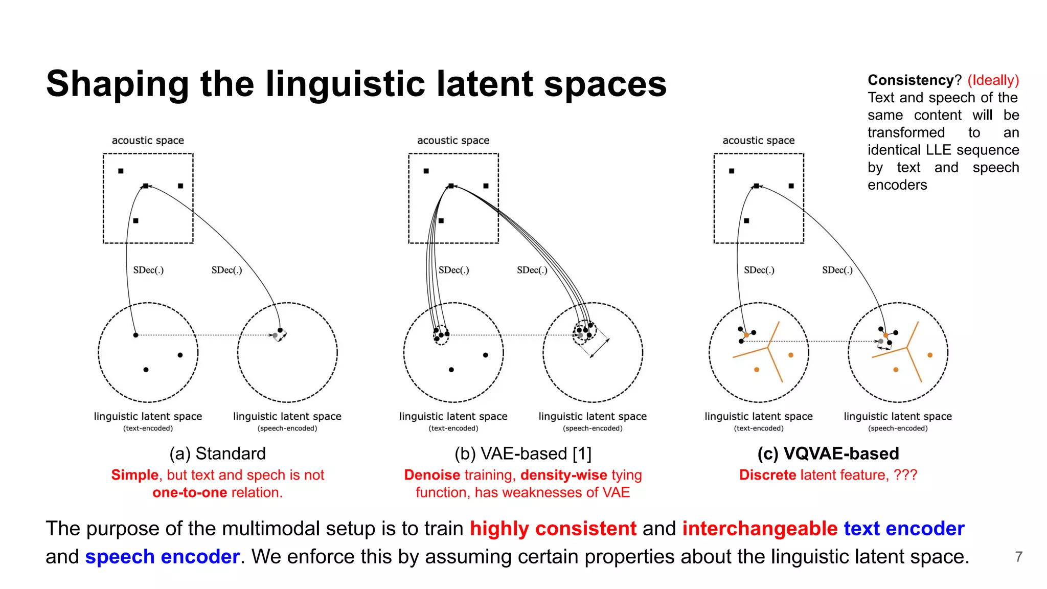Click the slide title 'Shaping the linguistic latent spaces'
[x=356, y=84]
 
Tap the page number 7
[x=1018, y=556]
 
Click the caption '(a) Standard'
[x=218, y=454]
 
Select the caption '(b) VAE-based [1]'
[x=522, y=454]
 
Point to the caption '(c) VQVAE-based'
[x=828, y=454]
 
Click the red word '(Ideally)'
[x=993, y=80]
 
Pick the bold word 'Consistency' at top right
[x=911, y=80]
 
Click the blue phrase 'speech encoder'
[x=162, y=556]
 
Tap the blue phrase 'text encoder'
[x=904, y=528]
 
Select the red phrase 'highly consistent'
[x=553, y=528]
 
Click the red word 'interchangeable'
[x=760, y=528]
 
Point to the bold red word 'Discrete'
[x=767, y=475]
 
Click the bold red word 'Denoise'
[x=432, y=475]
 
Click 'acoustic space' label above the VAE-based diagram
[x=453, y=140]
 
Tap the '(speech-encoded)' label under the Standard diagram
[x=287, y=428]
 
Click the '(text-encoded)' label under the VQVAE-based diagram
[x=759, y=428]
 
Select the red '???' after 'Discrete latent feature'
[x=905, y=475]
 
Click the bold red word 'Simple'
[x=135, y=475]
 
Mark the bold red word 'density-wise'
[x=563, y=475]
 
